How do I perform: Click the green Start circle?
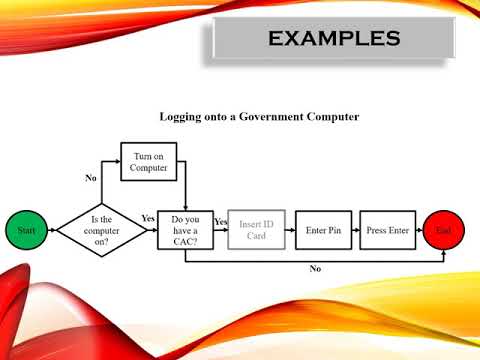tap(25, 231)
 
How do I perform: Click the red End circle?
tap(442, 231)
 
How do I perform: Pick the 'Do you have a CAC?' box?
tap(185, 231)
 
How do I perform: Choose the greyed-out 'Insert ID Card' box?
tap(256, 231)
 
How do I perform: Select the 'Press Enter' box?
tap(387, 231)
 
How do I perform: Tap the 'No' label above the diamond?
tap(91, 178)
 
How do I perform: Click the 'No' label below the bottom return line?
tap(315, 268)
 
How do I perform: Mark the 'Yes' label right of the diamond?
tap(148, 218)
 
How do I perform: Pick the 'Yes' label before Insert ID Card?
tap(221, 221)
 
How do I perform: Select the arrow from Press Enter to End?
tap(419, 231)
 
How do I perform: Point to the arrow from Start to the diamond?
tap(49, 231)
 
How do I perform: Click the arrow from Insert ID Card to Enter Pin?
tap(290, 231)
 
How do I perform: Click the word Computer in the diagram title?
tap(331, 117)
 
